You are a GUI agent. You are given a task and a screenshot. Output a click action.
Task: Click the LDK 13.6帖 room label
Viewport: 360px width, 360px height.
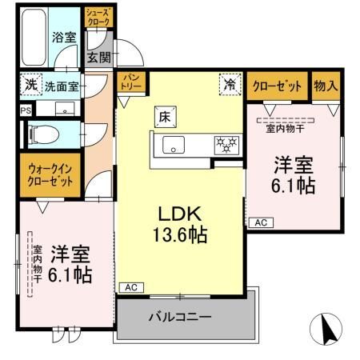click(x=180, y=225)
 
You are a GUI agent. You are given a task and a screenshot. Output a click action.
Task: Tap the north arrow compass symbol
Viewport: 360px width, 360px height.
click(x=326, y=329)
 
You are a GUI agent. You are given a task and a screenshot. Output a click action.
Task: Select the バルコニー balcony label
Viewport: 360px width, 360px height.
click(x=180, y=317)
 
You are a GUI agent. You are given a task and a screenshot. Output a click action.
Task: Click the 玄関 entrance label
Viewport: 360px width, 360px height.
click(x=98, y=57)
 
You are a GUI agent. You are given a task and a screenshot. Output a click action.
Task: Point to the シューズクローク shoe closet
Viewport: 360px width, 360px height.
click(x=98, y=18)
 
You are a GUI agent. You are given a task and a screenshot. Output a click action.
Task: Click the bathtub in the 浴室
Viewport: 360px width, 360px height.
click(x=34, y=38)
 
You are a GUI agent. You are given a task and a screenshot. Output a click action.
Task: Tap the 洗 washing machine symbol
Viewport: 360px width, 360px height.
click(x=31, y=84)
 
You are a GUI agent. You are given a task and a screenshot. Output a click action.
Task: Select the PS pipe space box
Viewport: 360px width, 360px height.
click(x=26, y=110)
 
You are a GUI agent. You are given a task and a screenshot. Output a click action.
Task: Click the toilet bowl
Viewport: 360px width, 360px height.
click(x=44, y=134)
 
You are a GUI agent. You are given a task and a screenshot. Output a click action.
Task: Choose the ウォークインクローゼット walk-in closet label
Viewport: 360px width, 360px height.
click(x=50, y=175)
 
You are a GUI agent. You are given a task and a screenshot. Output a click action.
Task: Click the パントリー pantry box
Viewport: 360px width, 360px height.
click(x=131, y=82)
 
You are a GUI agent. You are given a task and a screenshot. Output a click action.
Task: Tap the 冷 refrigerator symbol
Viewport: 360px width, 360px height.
click(x=230, y=84)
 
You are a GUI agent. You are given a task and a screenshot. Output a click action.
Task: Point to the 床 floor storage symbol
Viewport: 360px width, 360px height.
click(x=166, y=117)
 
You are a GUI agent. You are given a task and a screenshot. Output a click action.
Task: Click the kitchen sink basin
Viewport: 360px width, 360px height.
click(x=174, y=145)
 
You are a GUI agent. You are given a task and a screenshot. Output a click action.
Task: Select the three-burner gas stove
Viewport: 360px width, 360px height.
click(x=226, y=145)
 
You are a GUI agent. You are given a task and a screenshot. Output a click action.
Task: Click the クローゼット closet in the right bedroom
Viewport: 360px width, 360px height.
click(x=278, y=86)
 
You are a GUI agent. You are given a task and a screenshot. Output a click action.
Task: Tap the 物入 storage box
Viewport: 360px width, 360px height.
click(x=326, y=86)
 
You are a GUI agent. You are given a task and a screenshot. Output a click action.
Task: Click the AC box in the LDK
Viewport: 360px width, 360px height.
click(x=131, y=287)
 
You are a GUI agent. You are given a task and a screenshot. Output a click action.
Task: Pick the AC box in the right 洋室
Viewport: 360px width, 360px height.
click(x=261, y=222)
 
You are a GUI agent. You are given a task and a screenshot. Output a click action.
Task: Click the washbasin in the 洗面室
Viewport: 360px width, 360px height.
click(x=65, y=109)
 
